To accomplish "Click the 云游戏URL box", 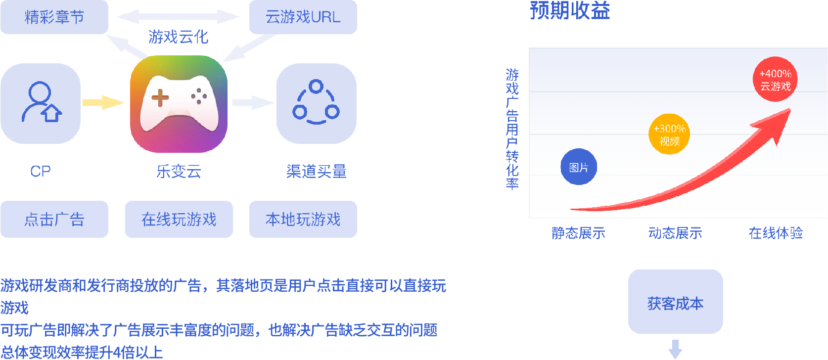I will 303,17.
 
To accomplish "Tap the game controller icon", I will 179,104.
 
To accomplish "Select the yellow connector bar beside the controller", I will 104,103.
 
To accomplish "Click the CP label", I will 41,171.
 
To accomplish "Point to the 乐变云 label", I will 179,171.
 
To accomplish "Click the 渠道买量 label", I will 316,171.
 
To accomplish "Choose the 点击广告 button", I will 54,219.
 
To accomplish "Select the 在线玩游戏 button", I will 179,219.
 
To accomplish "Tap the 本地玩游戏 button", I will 303,219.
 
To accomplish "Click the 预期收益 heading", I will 570,10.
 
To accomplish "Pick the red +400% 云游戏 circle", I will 775,80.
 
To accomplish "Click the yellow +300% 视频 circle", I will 669,135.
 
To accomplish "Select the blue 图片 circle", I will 579,167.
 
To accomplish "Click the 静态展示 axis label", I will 578,233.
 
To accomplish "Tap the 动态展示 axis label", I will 675,233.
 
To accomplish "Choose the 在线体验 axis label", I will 776,233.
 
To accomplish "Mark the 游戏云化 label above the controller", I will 178,37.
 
